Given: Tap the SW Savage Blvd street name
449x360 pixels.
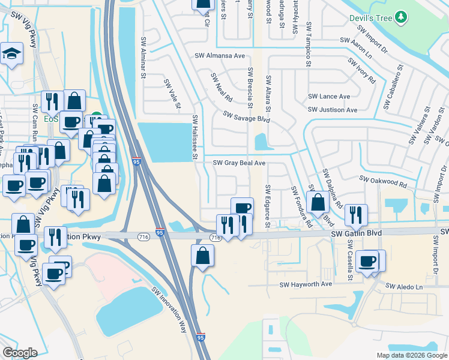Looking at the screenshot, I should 246,116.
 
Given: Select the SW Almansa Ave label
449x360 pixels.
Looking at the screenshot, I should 220,56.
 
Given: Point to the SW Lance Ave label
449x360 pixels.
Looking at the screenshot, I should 329,96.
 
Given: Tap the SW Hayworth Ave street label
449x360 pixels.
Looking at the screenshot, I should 306,284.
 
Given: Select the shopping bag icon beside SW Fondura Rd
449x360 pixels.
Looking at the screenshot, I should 318,202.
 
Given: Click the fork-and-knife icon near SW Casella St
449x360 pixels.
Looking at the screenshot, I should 356,214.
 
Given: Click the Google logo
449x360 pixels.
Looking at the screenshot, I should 20,353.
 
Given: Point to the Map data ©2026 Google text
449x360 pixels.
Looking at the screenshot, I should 411,355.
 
